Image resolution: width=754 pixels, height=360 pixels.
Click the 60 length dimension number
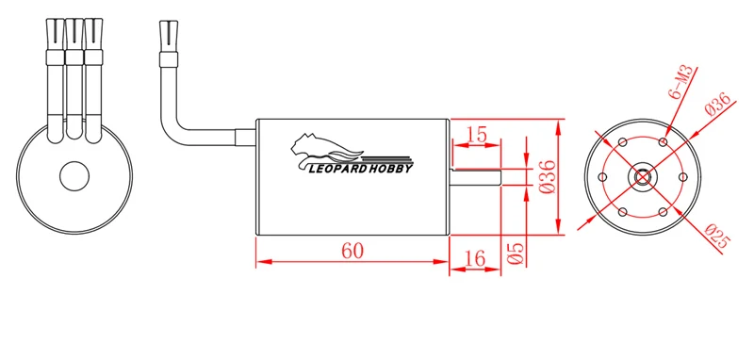click(x=352, y=251)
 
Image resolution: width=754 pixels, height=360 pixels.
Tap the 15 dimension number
click(x=477, y=135)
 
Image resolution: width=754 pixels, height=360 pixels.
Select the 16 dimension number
click(x=475, y=259)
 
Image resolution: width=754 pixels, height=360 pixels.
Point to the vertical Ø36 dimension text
click(x=548, y=176)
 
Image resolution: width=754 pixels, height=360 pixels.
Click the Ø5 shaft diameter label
click(x=515, y=253)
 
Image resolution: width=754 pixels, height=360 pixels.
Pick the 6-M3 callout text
click(x=680, y=82)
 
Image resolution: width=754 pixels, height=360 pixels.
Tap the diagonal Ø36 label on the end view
click(x=718, y=104)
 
